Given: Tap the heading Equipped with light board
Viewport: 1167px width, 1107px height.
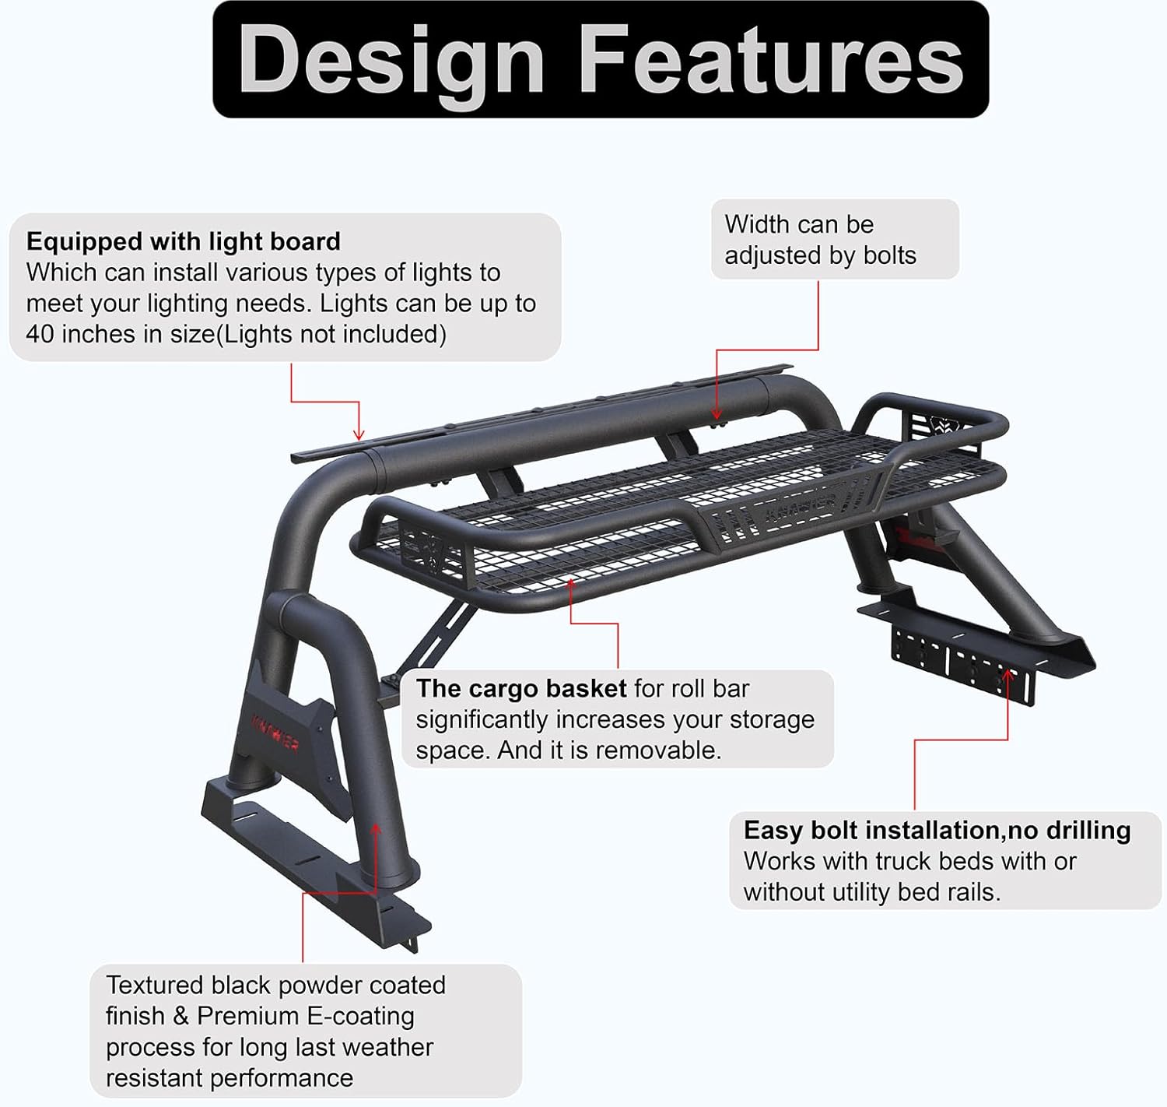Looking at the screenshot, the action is (x=184, y=241).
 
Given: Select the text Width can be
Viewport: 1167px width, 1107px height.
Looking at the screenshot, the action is (x=799, y=224).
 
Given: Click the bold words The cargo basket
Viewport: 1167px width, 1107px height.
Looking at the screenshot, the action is (x=520, y=688).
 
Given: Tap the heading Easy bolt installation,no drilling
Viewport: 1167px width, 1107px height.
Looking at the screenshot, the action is (x=937, y=830).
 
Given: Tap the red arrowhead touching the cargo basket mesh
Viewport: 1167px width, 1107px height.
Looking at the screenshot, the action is (x=571, y=583).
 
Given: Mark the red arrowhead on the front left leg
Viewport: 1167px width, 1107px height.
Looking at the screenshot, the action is (x=376, y=830).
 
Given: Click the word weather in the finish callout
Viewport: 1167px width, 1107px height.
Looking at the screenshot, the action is (x=386, y=1047).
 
